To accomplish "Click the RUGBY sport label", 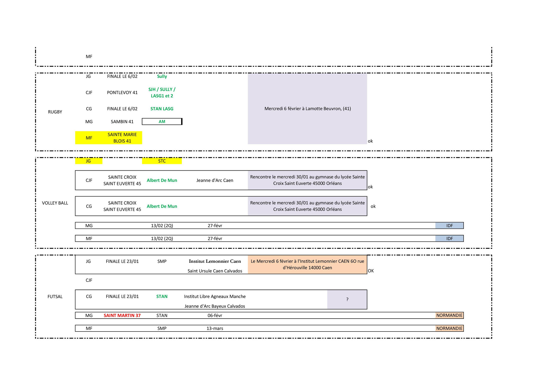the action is [55, 112].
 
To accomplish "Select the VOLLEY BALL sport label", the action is [55, 203].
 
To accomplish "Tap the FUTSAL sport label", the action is [55, 296].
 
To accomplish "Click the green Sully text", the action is [162, 76].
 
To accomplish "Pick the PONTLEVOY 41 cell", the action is [122, 92].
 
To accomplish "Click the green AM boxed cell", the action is [162, 122].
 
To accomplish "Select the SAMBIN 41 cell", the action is [122, 122].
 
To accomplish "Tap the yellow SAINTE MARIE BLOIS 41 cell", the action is [122, 138].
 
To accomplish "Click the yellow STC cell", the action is [162, 161].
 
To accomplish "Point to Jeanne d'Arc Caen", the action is [215, 180].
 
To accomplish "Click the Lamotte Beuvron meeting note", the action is [308, 109].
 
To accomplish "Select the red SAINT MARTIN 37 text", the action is [122, 315].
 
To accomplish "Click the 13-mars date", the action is [215, 328].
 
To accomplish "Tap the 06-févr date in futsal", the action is [215, 315].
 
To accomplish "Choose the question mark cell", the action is [347, 299].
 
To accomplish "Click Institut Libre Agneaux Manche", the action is [215, 296].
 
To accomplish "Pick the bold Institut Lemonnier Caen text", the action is [215, 261].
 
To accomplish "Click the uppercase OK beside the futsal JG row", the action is [371, 271].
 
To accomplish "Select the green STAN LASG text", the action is [162, 109].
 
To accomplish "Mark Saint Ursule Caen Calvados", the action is [215, 271].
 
